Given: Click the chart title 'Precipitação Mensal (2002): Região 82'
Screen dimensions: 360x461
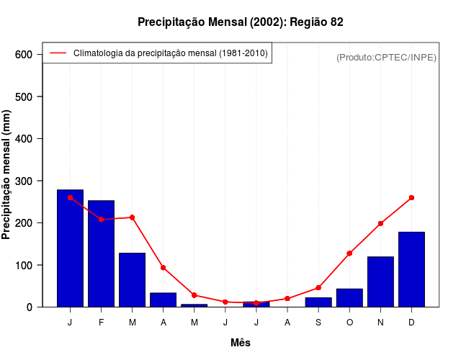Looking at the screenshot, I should [x=240, y=22].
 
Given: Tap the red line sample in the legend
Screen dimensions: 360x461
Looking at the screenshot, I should [x=58, y=53].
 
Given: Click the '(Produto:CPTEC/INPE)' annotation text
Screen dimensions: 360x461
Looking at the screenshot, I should [x=386, y=57].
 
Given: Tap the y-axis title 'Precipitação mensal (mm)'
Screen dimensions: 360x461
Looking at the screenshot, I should [x=7, y=175].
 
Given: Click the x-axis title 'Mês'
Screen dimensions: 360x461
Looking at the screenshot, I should [x=240, y=343].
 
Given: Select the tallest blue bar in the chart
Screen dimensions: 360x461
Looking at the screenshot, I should [x=70, y=248].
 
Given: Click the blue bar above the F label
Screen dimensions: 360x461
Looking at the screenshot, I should [x=101, y=253].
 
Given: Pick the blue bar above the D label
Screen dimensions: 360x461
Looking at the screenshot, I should [x=411, y=269].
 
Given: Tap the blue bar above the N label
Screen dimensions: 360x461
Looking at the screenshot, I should [x=380, y=282].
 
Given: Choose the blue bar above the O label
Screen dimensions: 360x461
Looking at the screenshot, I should [x=349, y=297].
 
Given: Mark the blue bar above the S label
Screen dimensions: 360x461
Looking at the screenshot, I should [x=318, y=302].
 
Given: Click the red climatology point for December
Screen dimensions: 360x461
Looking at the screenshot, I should [x=411, y=197].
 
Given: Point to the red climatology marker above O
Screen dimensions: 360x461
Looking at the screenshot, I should [x=349, y=253].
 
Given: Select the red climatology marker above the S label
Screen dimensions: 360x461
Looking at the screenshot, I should [x=318, y=287].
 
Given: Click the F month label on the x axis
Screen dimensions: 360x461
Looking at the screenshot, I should [x=101, y=323].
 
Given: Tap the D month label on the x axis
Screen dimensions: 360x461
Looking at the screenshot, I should [x=411, y=323].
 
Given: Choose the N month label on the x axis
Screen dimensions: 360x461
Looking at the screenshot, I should [x=380, y=323].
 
